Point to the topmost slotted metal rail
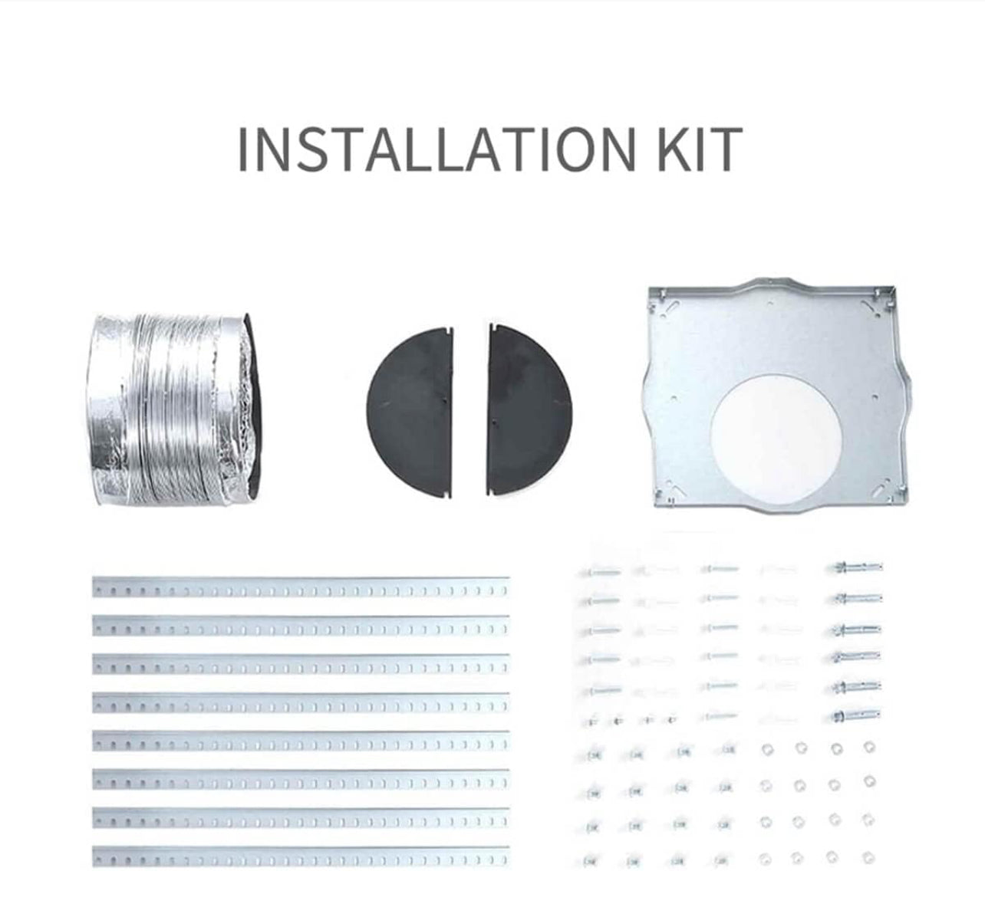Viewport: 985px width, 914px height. (301, 587)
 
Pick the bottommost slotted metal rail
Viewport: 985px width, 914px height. (301, 856)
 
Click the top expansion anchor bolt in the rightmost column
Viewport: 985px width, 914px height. (855, 567)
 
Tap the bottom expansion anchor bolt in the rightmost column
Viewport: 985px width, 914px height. (856, 715)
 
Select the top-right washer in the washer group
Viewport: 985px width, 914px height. (868, 747)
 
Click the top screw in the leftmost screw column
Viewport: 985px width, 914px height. (600, 573)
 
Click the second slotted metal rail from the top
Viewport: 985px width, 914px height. (301, 626)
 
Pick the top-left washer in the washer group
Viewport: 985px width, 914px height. (767, 749)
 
